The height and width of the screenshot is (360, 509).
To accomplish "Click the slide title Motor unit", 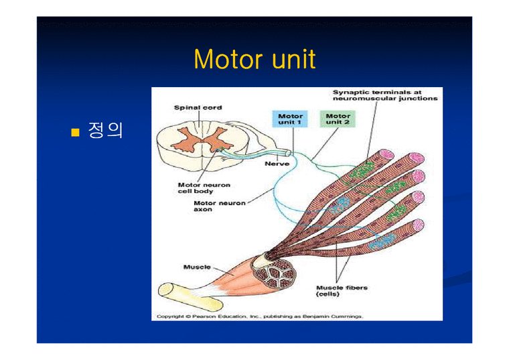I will (254, 60).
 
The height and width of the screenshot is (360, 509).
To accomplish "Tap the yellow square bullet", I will (75, 131).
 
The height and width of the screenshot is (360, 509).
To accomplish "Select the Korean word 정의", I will (106, 130).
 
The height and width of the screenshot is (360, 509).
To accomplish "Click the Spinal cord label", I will (198, 107).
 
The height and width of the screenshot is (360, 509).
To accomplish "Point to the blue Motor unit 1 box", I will (290, 119).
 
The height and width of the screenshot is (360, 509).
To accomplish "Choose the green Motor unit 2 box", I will (338, 119).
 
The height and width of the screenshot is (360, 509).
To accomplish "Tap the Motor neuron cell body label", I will (204, 188).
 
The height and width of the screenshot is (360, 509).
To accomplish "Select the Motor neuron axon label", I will (219, 206).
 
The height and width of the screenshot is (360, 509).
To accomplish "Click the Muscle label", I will (197, 267).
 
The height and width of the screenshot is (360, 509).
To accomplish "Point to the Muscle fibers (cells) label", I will (342, 291).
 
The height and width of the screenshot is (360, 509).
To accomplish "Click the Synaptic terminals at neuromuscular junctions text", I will (385, 95).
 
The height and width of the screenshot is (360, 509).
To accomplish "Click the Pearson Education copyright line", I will (260, 316).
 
